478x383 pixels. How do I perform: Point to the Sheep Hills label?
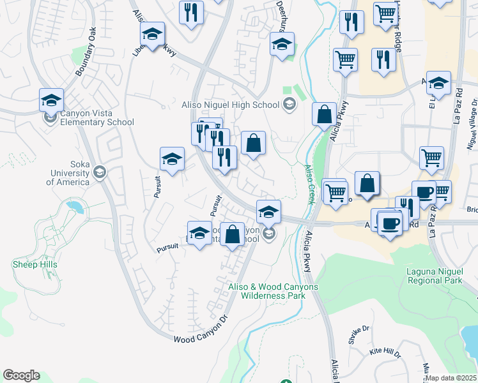click(35, 264)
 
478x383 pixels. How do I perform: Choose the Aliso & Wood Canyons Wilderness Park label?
click(273, 291)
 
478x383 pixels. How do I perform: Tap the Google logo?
click(21, 375)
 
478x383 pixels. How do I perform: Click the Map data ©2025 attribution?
click(451, 378)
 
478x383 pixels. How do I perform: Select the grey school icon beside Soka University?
click(99, 171)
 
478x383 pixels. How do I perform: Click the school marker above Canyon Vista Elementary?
click(51, 100)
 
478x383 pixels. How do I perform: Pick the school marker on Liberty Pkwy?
click(152, 33)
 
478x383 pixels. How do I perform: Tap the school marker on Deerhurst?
click(282, 44)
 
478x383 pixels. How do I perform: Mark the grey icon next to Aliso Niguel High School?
click(289, 104)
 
